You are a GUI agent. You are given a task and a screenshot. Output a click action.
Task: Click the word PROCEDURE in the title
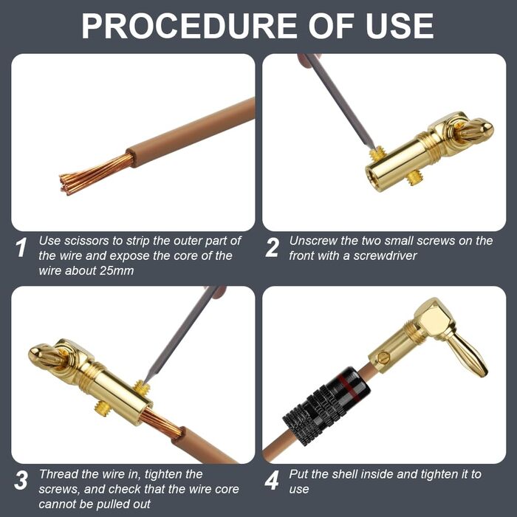[189, 26]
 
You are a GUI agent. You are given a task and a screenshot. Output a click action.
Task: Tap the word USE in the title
[400, 26]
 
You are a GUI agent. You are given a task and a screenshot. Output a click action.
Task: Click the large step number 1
[21, 247]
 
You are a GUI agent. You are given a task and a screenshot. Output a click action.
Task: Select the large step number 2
[273, 247]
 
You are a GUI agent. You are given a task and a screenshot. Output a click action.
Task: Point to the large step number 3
[21, 480]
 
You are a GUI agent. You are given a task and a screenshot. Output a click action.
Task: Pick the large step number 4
[273, 480]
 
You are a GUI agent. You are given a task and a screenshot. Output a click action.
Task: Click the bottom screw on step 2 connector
[412, 179]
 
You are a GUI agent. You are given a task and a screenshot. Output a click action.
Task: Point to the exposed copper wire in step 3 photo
[162, 423]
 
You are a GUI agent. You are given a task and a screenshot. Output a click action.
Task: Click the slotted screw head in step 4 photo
[383, 357]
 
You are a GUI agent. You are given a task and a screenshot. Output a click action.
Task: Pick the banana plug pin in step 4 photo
[469, 355]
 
